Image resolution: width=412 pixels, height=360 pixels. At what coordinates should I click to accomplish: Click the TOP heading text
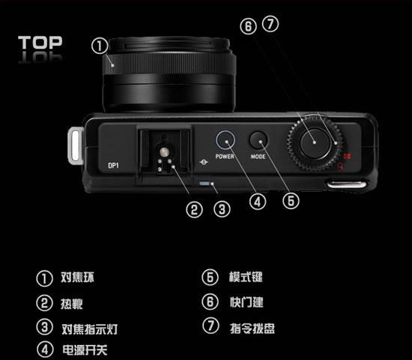coord(40,43)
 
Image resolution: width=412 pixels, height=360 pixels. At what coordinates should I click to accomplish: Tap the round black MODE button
coord(258,140)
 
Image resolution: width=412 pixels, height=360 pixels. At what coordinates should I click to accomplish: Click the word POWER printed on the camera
coord(225,156)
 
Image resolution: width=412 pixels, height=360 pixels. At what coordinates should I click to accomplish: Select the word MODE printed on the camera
coord(258,156)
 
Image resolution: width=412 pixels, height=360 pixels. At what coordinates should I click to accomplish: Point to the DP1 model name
coord(114,165)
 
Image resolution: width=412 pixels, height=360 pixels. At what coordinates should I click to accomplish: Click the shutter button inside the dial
coord(315,143)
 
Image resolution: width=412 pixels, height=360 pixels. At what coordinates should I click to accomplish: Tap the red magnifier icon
coord(341,165)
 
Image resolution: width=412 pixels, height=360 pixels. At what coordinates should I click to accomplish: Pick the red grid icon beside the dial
coord(347,156)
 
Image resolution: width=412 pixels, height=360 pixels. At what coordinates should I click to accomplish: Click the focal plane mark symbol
coord(204,162)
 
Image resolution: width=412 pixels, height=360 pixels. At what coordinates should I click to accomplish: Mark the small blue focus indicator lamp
coord(205,183)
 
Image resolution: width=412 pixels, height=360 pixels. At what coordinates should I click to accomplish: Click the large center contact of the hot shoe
coord(165,152)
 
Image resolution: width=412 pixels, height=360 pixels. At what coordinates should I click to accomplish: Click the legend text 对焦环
coord(77,277)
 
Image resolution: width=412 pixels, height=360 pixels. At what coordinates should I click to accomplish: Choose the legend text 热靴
coord(72,304)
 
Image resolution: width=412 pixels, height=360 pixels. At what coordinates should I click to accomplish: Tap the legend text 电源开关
coord(85,350)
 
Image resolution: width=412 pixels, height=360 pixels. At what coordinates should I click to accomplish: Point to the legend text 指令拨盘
coord(252,329)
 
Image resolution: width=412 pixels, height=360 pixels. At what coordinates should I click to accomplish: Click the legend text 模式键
coord(246,277)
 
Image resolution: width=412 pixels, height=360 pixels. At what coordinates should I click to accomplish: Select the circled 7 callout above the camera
coord(270,24)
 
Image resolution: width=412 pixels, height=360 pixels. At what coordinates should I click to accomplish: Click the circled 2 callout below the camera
coord(195,210)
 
